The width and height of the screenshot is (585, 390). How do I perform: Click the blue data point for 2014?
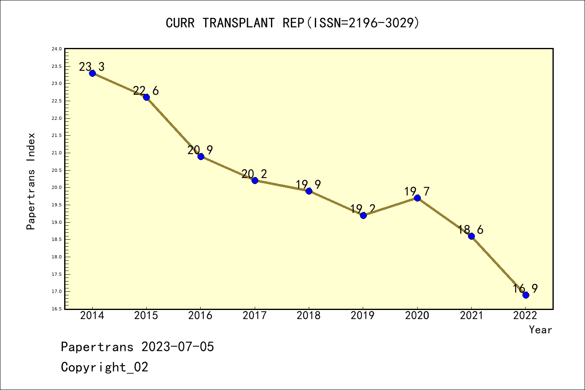[x=92, y=73]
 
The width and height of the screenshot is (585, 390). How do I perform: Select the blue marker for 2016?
[x=201, y=156]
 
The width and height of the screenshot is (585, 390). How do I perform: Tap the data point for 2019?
[x=363, y=215]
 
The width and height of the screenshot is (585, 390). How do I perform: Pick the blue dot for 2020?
[x=417, y=198]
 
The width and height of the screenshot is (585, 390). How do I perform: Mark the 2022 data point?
[x=526, y=295]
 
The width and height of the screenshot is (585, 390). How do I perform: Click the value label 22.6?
[x=146, y=91]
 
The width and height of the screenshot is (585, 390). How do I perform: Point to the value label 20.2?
[x=254, y=174]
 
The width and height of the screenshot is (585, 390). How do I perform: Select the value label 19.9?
[x=308, y=185]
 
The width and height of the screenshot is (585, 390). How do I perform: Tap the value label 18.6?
[x=471, y=230]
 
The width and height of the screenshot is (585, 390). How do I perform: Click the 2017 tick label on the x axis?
[x=255, y=316]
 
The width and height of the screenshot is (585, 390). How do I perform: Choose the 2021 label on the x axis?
[x=471, y=316]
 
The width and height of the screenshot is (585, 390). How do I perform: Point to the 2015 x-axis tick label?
[x=146, y=316]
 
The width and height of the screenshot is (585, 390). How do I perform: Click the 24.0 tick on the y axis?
[x=56, y=49]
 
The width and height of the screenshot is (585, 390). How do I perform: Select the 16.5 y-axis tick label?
[x=56, y=309]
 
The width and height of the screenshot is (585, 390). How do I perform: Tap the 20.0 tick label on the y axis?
[x=56, y=188]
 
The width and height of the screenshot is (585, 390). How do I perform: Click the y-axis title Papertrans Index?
[x=31, y=181]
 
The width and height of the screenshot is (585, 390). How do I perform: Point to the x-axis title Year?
[x=540, y=330]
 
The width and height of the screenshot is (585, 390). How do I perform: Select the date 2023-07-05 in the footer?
[x=178, y=347]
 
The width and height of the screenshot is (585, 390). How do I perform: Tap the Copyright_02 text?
[x=104, y=367]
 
